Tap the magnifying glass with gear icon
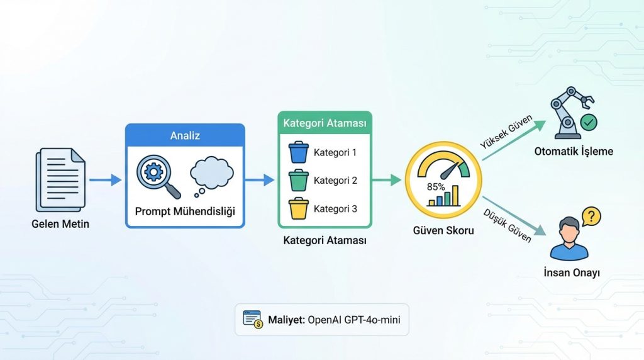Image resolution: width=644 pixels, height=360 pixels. click(157, 177)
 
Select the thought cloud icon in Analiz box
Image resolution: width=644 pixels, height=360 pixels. click(212, 172)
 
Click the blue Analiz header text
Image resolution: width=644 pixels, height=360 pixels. click(185, 135)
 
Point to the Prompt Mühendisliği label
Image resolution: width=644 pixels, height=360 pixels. click(185, 211)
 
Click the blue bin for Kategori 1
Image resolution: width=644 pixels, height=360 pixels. click(299, 152)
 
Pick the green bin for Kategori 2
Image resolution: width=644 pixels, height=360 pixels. click(299, 181)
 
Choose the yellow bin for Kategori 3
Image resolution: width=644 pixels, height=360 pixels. click(299, 208)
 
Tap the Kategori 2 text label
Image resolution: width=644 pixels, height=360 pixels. click(335, 181)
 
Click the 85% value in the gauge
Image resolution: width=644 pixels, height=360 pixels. click(436, 187)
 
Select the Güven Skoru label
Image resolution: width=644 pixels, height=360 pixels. click(443, 230)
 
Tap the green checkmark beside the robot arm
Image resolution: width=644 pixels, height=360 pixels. click(588, 123)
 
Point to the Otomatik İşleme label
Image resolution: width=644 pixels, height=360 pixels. click(573, 152)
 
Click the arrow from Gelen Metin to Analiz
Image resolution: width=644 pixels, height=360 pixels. click(104, 180)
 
